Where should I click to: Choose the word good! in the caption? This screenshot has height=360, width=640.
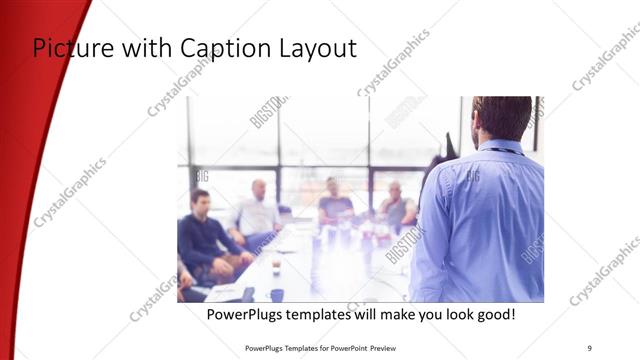(x=493, y=314)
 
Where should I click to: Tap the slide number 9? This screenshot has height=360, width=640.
(x=589, y=347)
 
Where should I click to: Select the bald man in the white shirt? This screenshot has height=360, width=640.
(x=256, y=213)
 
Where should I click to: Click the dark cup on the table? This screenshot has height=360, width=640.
(x=277, y=294)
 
